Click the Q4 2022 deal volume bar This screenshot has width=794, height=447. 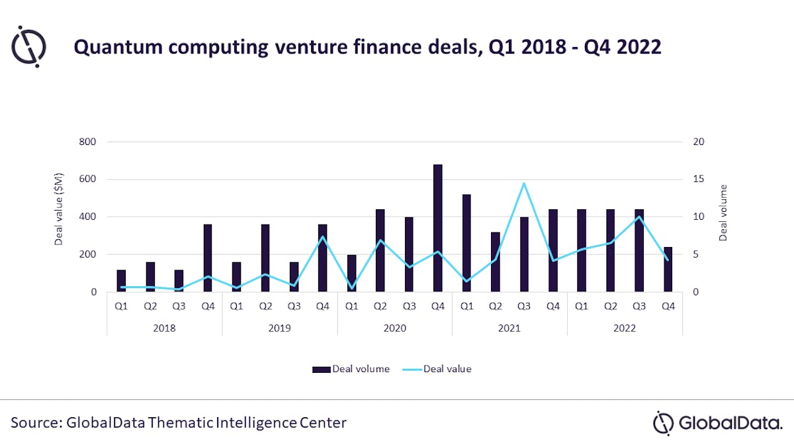pyautogui.click(x=668, y=270)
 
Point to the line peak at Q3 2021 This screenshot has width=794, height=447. pyautogui.click(x=524, y=183)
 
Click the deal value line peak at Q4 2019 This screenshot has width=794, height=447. pyautogui.click(x=322, y=237)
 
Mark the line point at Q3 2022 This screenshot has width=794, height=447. pyautogui.click(x=639, y=217)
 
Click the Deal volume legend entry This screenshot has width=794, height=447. pyautogui.click(x=351, y=369)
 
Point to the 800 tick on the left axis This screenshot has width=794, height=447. pyautogui.click(x=88, y=142)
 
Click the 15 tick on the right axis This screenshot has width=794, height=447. pyautogui.click(x=698, y=179)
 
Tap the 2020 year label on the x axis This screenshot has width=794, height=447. pyautogui.click(x=394, y=327)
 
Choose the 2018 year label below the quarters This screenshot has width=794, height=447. pyautogui.click(x=164, y=327)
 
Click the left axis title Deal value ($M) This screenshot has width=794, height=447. pyautogui.click(x=59, y=217)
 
